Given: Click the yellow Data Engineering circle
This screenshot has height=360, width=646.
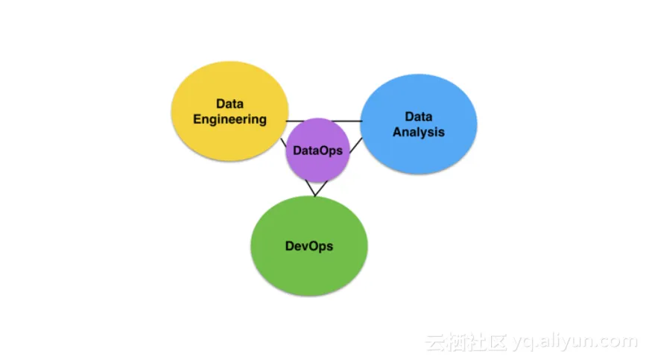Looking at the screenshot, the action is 230,111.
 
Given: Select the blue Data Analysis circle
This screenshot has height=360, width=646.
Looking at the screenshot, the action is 419,124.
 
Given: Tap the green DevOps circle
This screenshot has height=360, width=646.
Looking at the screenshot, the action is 309,246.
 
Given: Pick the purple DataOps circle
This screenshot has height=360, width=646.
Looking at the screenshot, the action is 317,151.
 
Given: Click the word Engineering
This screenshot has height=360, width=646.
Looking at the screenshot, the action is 230,119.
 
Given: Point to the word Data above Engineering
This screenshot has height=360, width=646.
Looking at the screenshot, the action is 230,104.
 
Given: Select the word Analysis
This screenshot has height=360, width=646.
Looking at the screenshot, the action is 419,132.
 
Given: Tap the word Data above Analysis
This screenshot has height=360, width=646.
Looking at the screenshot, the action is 419,116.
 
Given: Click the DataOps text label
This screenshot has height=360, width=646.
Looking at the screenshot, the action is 317,151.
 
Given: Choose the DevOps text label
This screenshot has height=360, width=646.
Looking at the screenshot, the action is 309,246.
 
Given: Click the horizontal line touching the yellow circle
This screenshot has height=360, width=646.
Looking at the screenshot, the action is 295,121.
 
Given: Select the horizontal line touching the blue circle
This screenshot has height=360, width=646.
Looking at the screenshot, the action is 346,121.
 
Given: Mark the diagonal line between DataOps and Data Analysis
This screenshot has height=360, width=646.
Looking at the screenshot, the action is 356,145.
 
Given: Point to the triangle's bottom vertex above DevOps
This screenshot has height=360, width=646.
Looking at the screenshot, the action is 314,196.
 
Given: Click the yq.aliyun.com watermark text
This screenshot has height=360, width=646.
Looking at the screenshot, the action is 575,341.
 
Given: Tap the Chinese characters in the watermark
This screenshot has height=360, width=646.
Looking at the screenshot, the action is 466,342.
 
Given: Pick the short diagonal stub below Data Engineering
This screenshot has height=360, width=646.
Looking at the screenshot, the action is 283,143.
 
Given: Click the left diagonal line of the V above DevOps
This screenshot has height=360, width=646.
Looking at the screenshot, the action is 310,189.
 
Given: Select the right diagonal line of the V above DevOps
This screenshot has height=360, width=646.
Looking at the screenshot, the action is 321,189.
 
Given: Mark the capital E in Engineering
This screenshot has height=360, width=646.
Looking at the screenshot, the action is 197,119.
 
